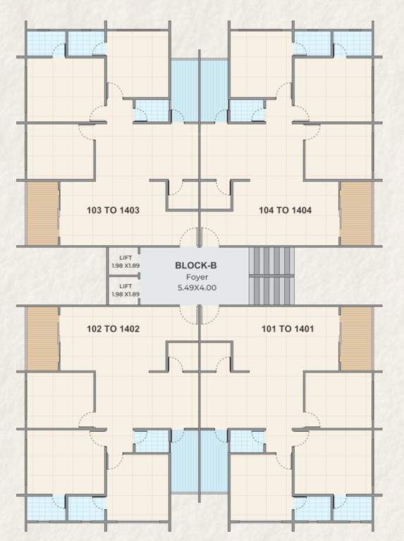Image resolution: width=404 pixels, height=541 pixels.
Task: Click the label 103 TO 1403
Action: (x=113, y=210)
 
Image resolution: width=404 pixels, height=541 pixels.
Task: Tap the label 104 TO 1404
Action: (x=285, y=210)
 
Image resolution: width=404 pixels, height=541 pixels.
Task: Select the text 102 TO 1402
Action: (x=113, y=328)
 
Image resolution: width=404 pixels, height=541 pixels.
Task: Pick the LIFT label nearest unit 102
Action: (x=125, y=286)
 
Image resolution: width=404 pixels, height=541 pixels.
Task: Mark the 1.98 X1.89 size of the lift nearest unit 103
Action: (x=125, y=266)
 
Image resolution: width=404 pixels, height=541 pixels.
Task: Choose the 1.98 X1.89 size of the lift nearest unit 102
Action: (x=125, y=294)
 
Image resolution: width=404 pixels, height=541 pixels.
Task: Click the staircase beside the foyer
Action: (x=271, y=275)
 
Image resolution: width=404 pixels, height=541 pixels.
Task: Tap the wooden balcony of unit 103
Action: (x=42, y=213)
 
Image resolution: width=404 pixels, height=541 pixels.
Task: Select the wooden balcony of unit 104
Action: (x=355, y=213)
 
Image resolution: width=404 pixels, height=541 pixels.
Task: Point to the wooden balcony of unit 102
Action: (x=42, y=339)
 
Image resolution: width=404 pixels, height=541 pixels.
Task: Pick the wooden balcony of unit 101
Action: (x=355, y=339)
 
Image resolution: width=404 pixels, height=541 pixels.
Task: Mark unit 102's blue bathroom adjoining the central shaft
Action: (x=152, y=441)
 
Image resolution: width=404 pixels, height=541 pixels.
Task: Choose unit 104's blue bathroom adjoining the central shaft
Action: (x=246, y=111)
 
